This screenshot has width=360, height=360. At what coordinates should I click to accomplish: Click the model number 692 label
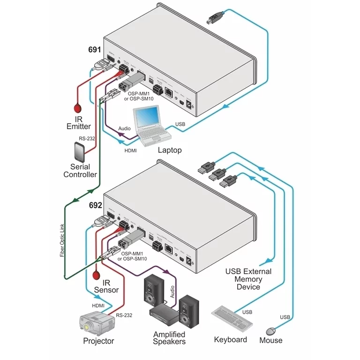[95, 205]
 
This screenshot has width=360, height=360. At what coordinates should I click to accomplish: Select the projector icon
[97, 323]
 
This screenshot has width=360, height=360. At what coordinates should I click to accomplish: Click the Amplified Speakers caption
[170, 338]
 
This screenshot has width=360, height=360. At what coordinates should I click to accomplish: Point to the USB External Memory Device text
[248, 279]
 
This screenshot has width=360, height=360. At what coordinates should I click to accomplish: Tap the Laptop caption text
[169, 150]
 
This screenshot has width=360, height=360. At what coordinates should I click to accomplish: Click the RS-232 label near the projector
[124, 315]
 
